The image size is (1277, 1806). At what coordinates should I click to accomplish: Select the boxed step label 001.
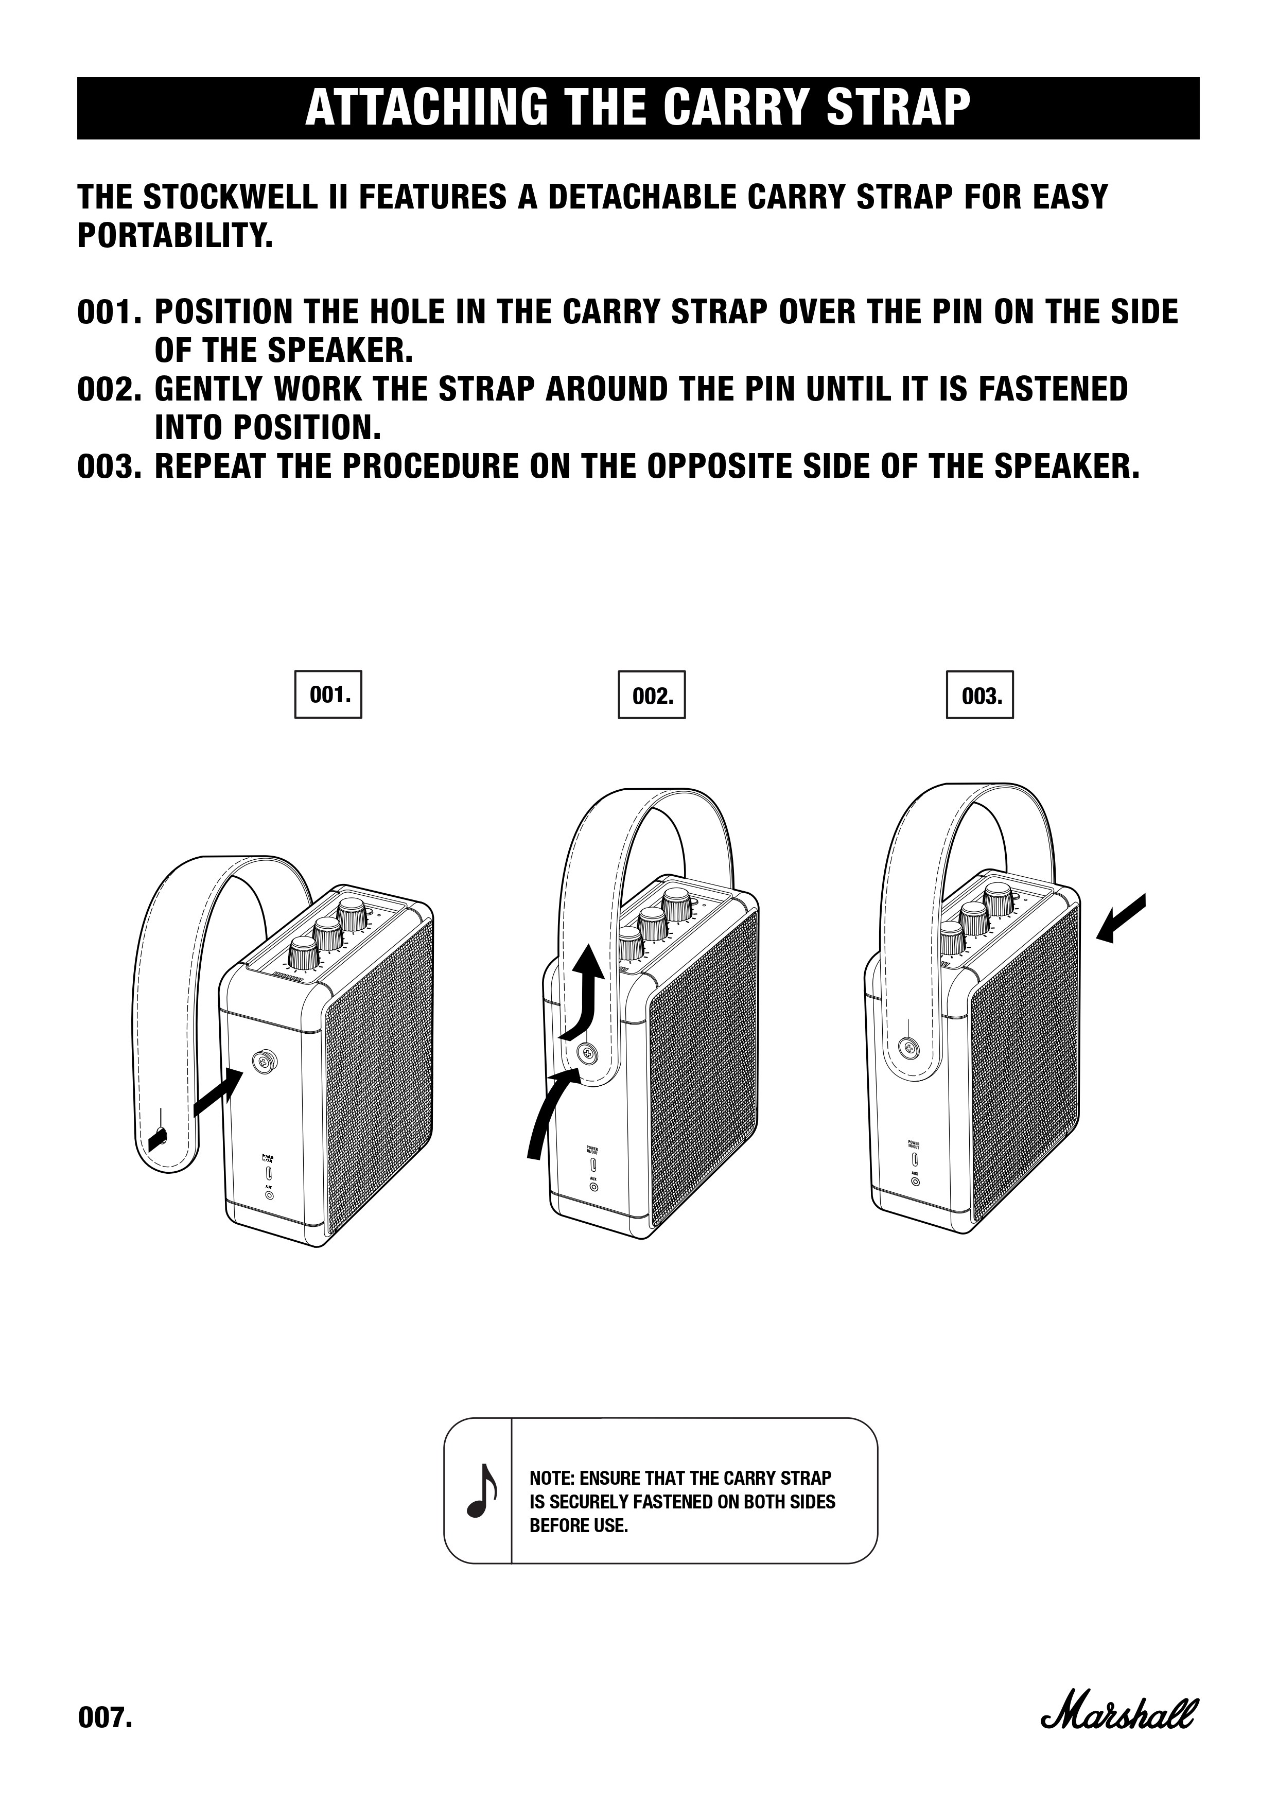tap(328, 694)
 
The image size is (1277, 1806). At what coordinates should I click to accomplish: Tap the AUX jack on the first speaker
tap(270, 1194)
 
